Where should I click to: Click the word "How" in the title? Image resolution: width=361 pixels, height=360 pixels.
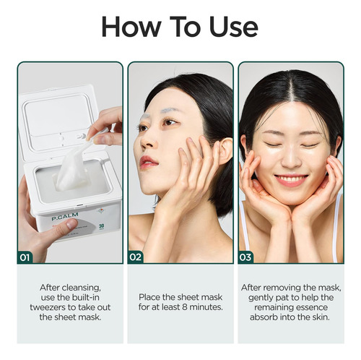[131, 27]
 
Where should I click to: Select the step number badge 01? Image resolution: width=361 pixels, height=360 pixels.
[25, 257]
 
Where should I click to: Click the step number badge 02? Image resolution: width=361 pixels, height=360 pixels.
[136, 257]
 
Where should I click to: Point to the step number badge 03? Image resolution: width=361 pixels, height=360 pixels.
[245, 257]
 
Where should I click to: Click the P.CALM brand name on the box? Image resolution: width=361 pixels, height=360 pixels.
[65, 216]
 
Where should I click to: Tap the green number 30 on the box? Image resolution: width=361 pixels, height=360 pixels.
[101, 226]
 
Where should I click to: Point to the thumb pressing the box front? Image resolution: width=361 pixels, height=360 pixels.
[63, 227]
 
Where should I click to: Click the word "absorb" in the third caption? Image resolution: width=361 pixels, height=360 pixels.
[264, 317]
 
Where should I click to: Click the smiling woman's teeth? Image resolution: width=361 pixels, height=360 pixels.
[291, 179]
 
